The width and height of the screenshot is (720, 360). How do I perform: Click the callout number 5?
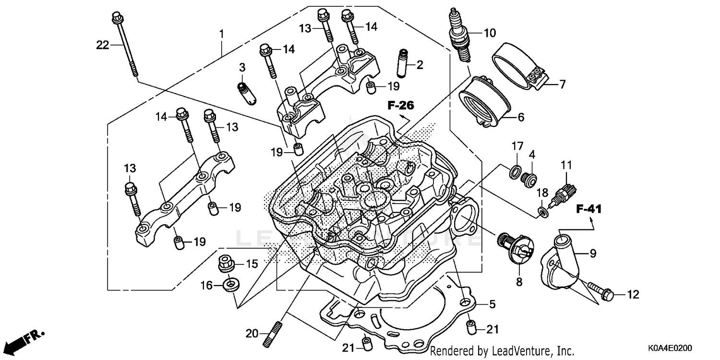(x=492, y=304)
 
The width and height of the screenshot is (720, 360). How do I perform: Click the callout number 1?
(x=221, y=34)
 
